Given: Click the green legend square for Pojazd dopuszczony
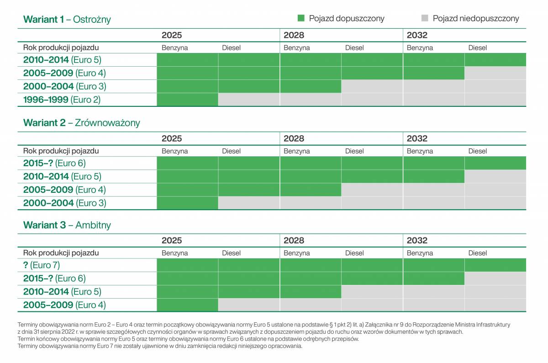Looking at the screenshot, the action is pyautogui.click(x=301, y=18).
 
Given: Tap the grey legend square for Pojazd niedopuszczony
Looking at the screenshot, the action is pyautogui.click(x=425, y=18).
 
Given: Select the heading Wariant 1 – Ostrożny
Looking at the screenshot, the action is pyautogui.click(x=67, y=19).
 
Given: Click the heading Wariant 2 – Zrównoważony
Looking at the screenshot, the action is pyautogui.click(x=81, y=122).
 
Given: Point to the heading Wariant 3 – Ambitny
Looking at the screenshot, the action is pyautogui.click(x=67, y=225).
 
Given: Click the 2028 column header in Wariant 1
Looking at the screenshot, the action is pyautogui.click(x=294, y=35).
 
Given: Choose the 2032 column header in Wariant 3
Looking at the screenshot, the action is pyautogui.click(x=417, y=241).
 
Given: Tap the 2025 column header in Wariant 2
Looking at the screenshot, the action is pyautogui.click(x=172, y=138).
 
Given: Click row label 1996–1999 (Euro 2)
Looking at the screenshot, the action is pyautogui.click(x=62, y=100).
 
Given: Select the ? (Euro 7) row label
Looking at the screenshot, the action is pyautogui.click(x=42, y=265).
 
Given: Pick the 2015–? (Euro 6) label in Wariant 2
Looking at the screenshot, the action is pyautogui.click(x=54, y=163).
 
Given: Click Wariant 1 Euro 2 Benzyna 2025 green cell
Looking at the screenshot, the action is pyautogui.click(x=187, y=100).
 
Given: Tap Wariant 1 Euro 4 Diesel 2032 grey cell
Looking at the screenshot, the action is pyautogui.click(x=495, y=73).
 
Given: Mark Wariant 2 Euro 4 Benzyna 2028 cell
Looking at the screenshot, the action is pyautogui.click(x=311, y=190).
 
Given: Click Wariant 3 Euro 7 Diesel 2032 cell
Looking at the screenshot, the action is pyautogui.click(x=495, y=265).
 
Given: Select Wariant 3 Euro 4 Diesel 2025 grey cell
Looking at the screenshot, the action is pyautogui.click(x=249, y=305).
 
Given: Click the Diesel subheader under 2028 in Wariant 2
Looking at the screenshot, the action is pyautogui.click(x=354, y=151).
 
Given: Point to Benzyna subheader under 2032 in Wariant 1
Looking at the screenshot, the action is pyautogui.click(x=420, y=47).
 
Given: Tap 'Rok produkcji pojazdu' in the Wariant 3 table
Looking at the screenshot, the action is pyautogui.click(x=61, y=253).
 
